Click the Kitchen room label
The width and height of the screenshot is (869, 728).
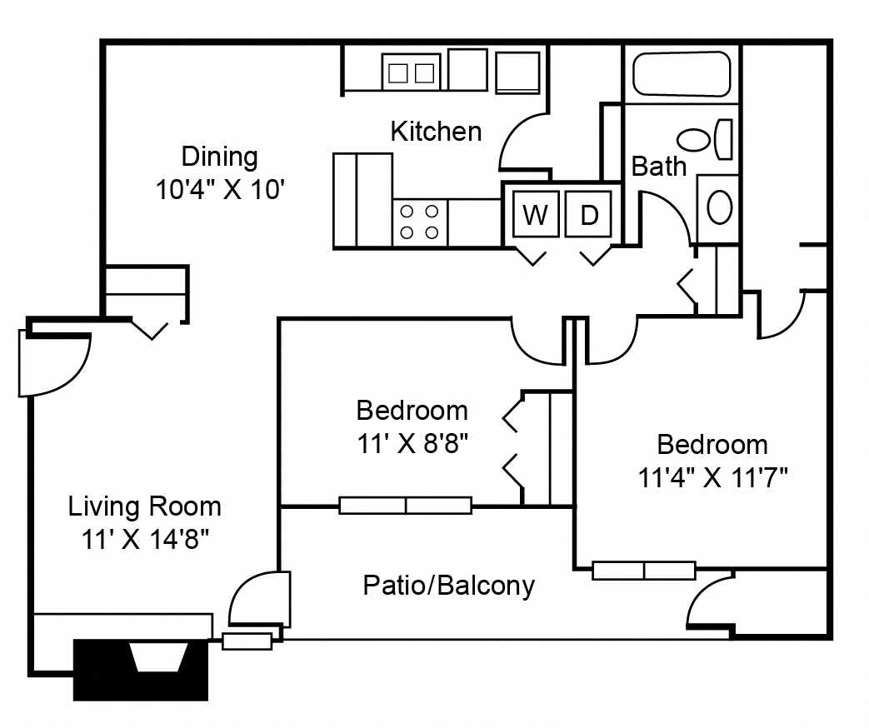click(436, 132)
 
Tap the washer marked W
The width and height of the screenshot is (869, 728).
click(536, 213)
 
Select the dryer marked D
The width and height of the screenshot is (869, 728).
click(588, 213)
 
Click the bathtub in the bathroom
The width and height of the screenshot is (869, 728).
click(682, 73)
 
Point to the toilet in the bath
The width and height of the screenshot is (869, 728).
click(705, 140)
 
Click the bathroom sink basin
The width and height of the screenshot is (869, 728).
click(720, 207)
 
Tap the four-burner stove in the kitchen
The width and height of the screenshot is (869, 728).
click(420, 222)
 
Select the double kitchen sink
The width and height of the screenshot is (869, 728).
click(411, 72)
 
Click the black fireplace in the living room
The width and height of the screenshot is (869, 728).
click(141, 670)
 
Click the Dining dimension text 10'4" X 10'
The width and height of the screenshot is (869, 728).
click(220, 190)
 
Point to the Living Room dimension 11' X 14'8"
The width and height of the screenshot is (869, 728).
click(145, 539)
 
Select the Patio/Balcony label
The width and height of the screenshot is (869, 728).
click(449, 586)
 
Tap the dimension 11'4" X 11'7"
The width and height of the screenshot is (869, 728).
click(712, 477)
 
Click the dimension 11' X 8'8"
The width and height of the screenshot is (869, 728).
click(413, 443)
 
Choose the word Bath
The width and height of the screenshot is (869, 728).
click(659, 167)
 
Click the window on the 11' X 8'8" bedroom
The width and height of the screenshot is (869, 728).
click(405, 506)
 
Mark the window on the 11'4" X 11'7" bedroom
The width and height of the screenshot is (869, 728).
click(643, 571)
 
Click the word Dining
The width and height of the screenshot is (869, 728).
click(220, 157)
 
